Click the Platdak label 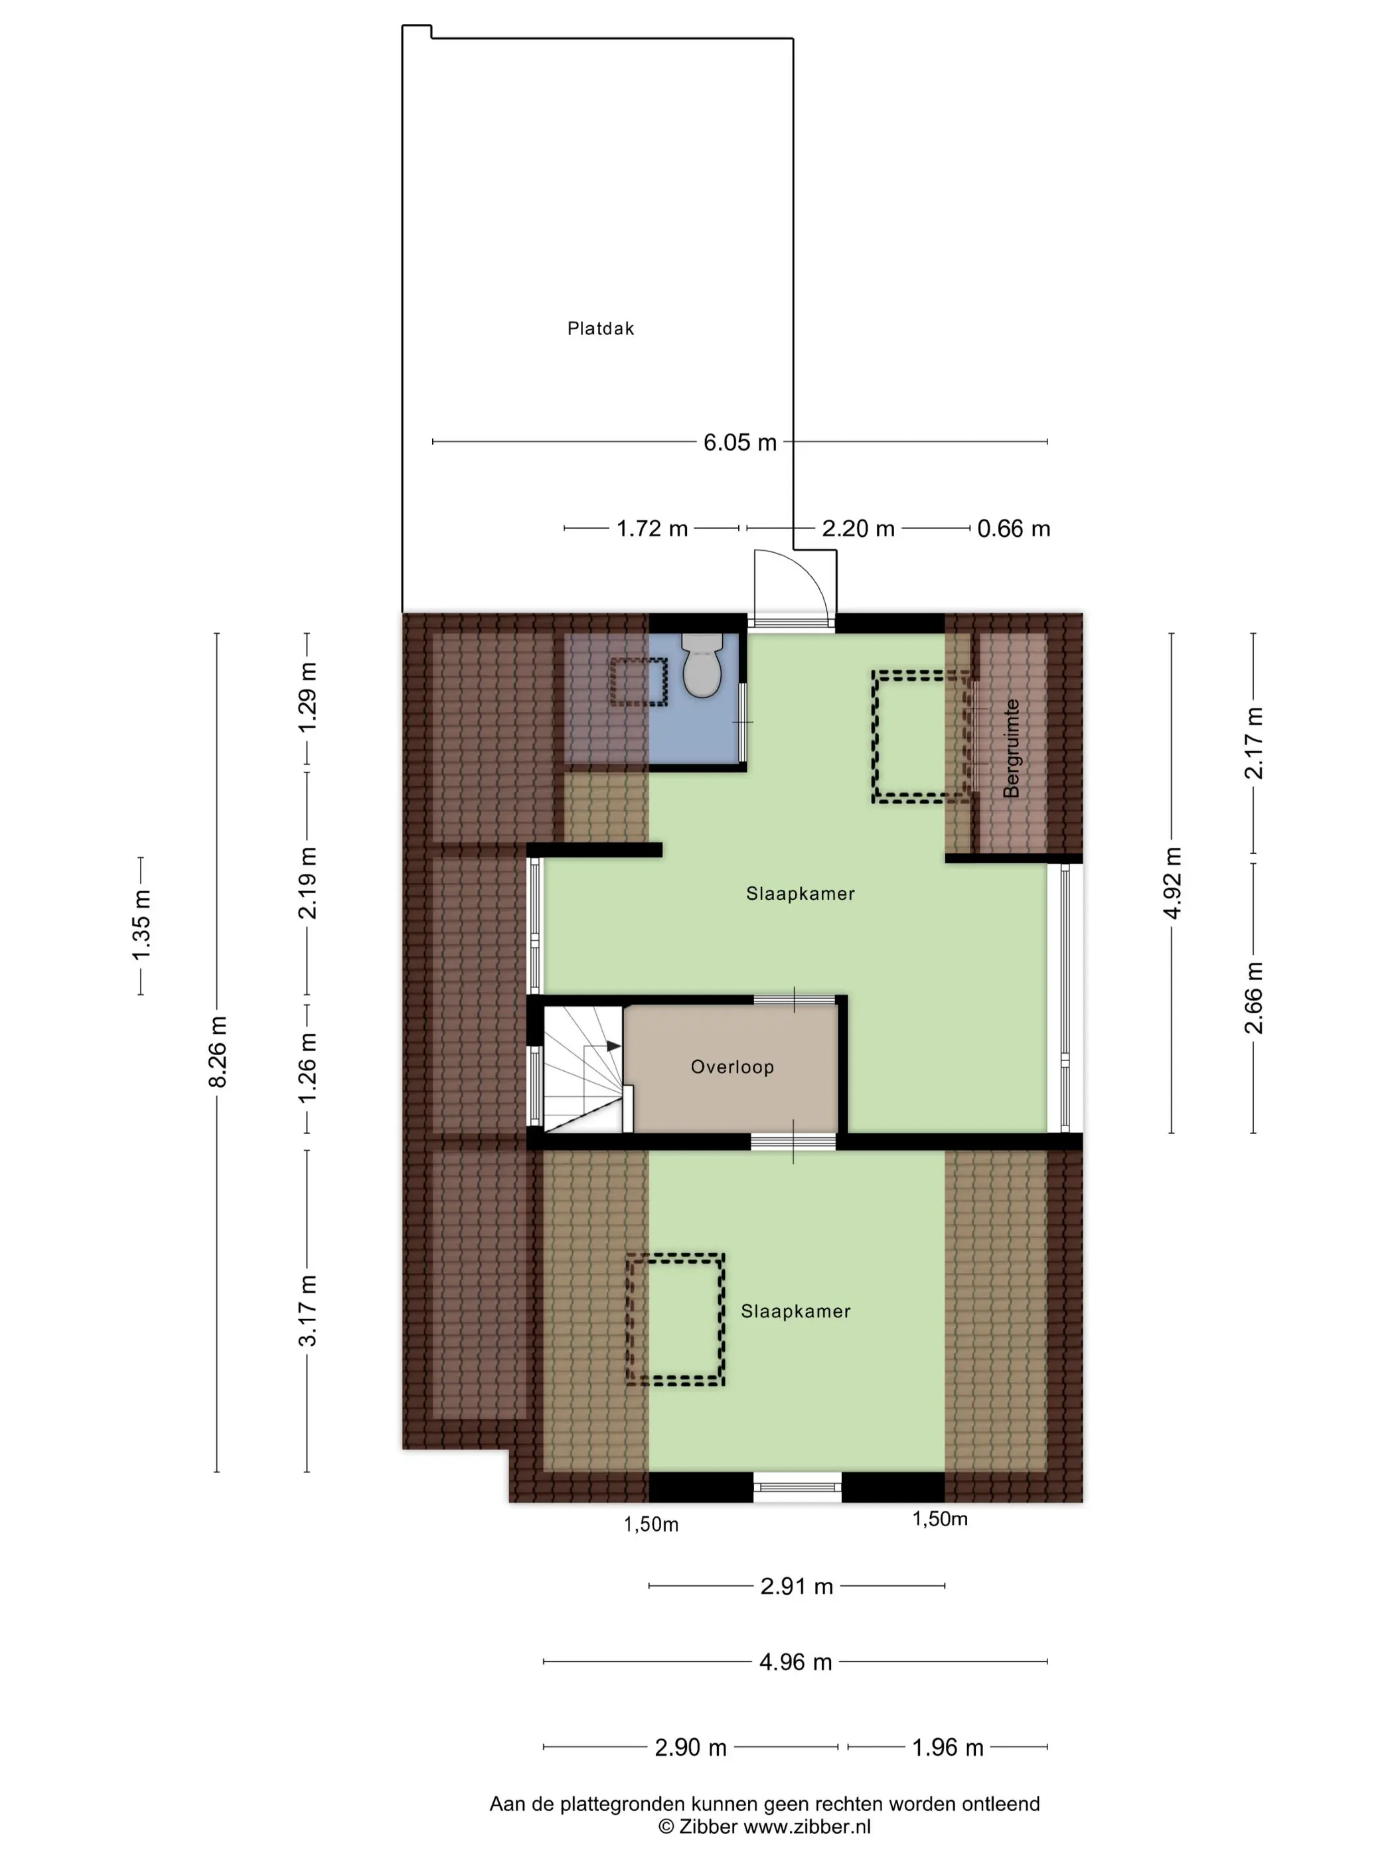(x=600, y=328)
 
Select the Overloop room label (x=732, y=1067)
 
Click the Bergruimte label (x=1011, y=748)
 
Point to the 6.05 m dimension (x=739, y=442)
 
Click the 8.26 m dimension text (x=218, y=1051)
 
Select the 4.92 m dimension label (x=1172, y=883)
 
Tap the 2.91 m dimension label (x=797, y=1586)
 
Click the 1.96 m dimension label (x=948, y=1747)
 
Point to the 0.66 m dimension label (x=1014, y=528)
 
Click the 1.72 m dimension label (x=652, y=528)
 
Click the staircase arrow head (x=613, y=1046)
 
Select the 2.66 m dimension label (x=1254, y=998)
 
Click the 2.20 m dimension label (x=858, y=528)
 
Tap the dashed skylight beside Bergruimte (x=923, y=737)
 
